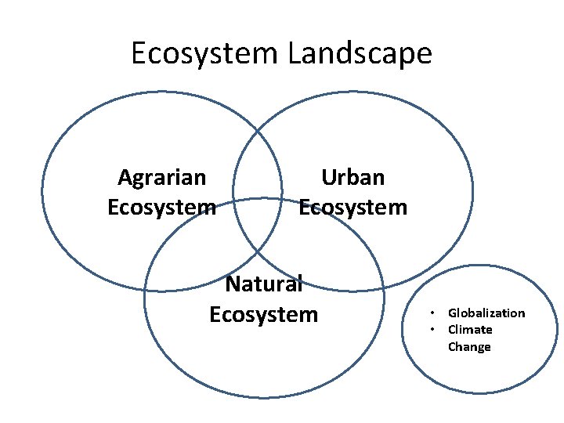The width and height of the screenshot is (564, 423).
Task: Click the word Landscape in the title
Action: [x=360, y=54]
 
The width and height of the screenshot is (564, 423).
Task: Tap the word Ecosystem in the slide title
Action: [x=204, y=54]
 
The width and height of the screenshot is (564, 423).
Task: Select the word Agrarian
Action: [x=162, y=178]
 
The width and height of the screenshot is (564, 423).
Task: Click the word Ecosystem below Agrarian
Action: [x=161, y=208]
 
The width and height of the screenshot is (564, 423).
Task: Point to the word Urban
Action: [x=353, y=178]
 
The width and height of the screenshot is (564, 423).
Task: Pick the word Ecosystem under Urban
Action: [x=353, y=208]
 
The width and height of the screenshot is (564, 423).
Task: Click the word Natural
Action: [x=263, y=284]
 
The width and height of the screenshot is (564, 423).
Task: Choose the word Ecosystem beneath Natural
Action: [x=264, y=314]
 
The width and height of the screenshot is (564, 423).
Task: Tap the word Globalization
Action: [x=486, y=313]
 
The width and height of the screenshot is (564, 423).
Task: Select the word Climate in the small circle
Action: [x=470, y=330]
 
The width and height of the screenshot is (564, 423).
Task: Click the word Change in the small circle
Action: [x=469, y=347]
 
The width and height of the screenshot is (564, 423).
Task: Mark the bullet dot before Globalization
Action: [x=432, y=313]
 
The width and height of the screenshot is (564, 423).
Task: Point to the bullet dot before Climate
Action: [x=432, y=330]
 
